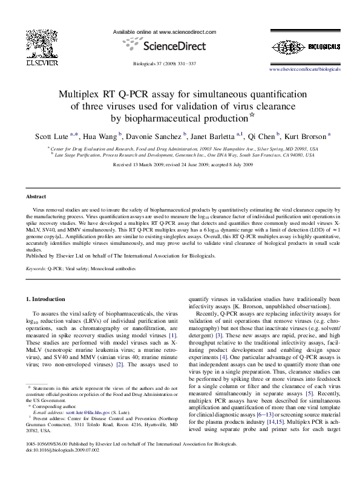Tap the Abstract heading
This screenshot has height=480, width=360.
(36, 197)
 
